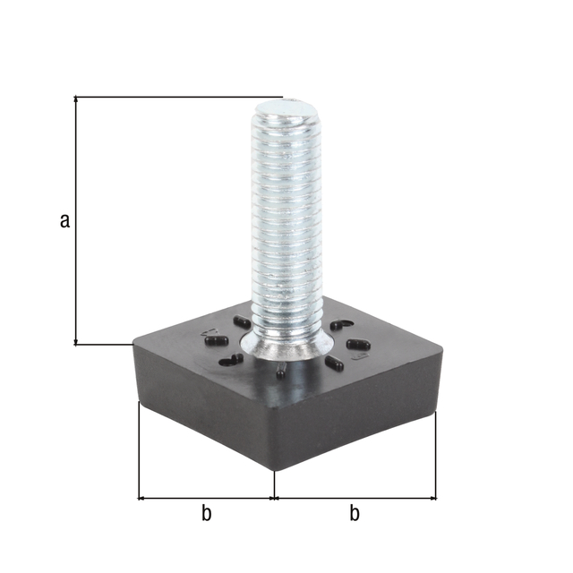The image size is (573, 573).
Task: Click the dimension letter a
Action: (64, 220)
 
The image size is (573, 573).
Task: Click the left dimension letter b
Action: (206, 513)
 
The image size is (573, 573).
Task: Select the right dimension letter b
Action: (355, 513)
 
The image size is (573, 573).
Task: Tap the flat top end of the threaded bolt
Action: (286, 110)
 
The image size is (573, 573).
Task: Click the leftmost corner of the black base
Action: (135, 345)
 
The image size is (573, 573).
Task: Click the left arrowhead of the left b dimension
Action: (142, 497)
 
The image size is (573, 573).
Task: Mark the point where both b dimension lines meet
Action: (274, 497)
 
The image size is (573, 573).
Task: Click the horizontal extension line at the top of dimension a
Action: (179, 96)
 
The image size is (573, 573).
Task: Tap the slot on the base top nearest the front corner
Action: (281, 371)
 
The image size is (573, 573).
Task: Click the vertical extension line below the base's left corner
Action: (139, 448)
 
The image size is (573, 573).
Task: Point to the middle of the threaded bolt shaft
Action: (286, 224)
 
